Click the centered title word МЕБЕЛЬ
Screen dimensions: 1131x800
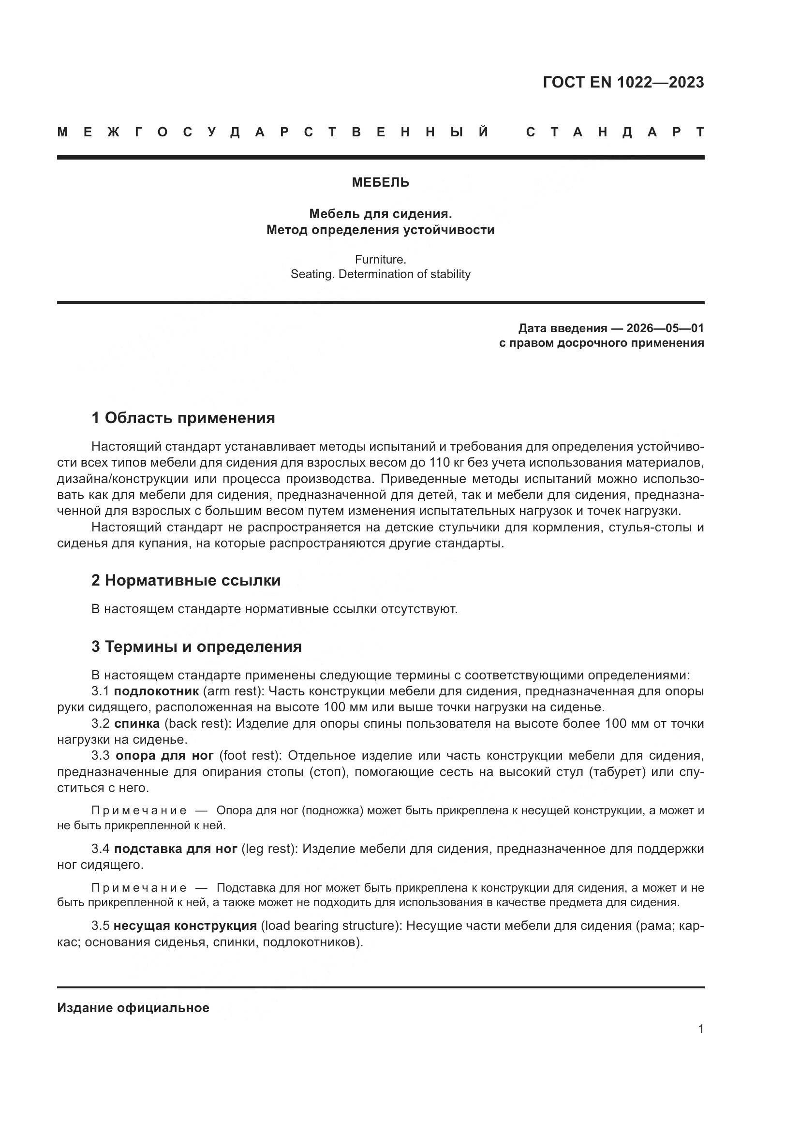[380, 183]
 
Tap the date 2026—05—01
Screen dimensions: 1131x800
[665, 328]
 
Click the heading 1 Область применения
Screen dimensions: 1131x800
[183, 418]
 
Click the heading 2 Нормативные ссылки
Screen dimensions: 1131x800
[186, 580]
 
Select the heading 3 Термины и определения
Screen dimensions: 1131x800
[196, 646]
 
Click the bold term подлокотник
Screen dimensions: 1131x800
[156, 691]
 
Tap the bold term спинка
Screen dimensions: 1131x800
[137, 724]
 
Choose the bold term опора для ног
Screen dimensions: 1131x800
[164, 756]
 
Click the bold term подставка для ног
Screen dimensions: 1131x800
[176, 849]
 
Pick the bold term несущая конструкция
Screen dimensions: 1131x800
[185, 925]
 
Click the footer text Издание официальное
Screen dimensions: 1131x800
[133, 1008]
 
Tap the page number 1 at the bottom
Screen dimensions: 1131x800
[700, 1029]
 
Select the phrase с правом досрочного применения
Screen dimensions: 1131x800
[601, 343]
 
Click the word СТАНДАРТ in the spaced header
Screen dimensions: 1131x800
[615, 132]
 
